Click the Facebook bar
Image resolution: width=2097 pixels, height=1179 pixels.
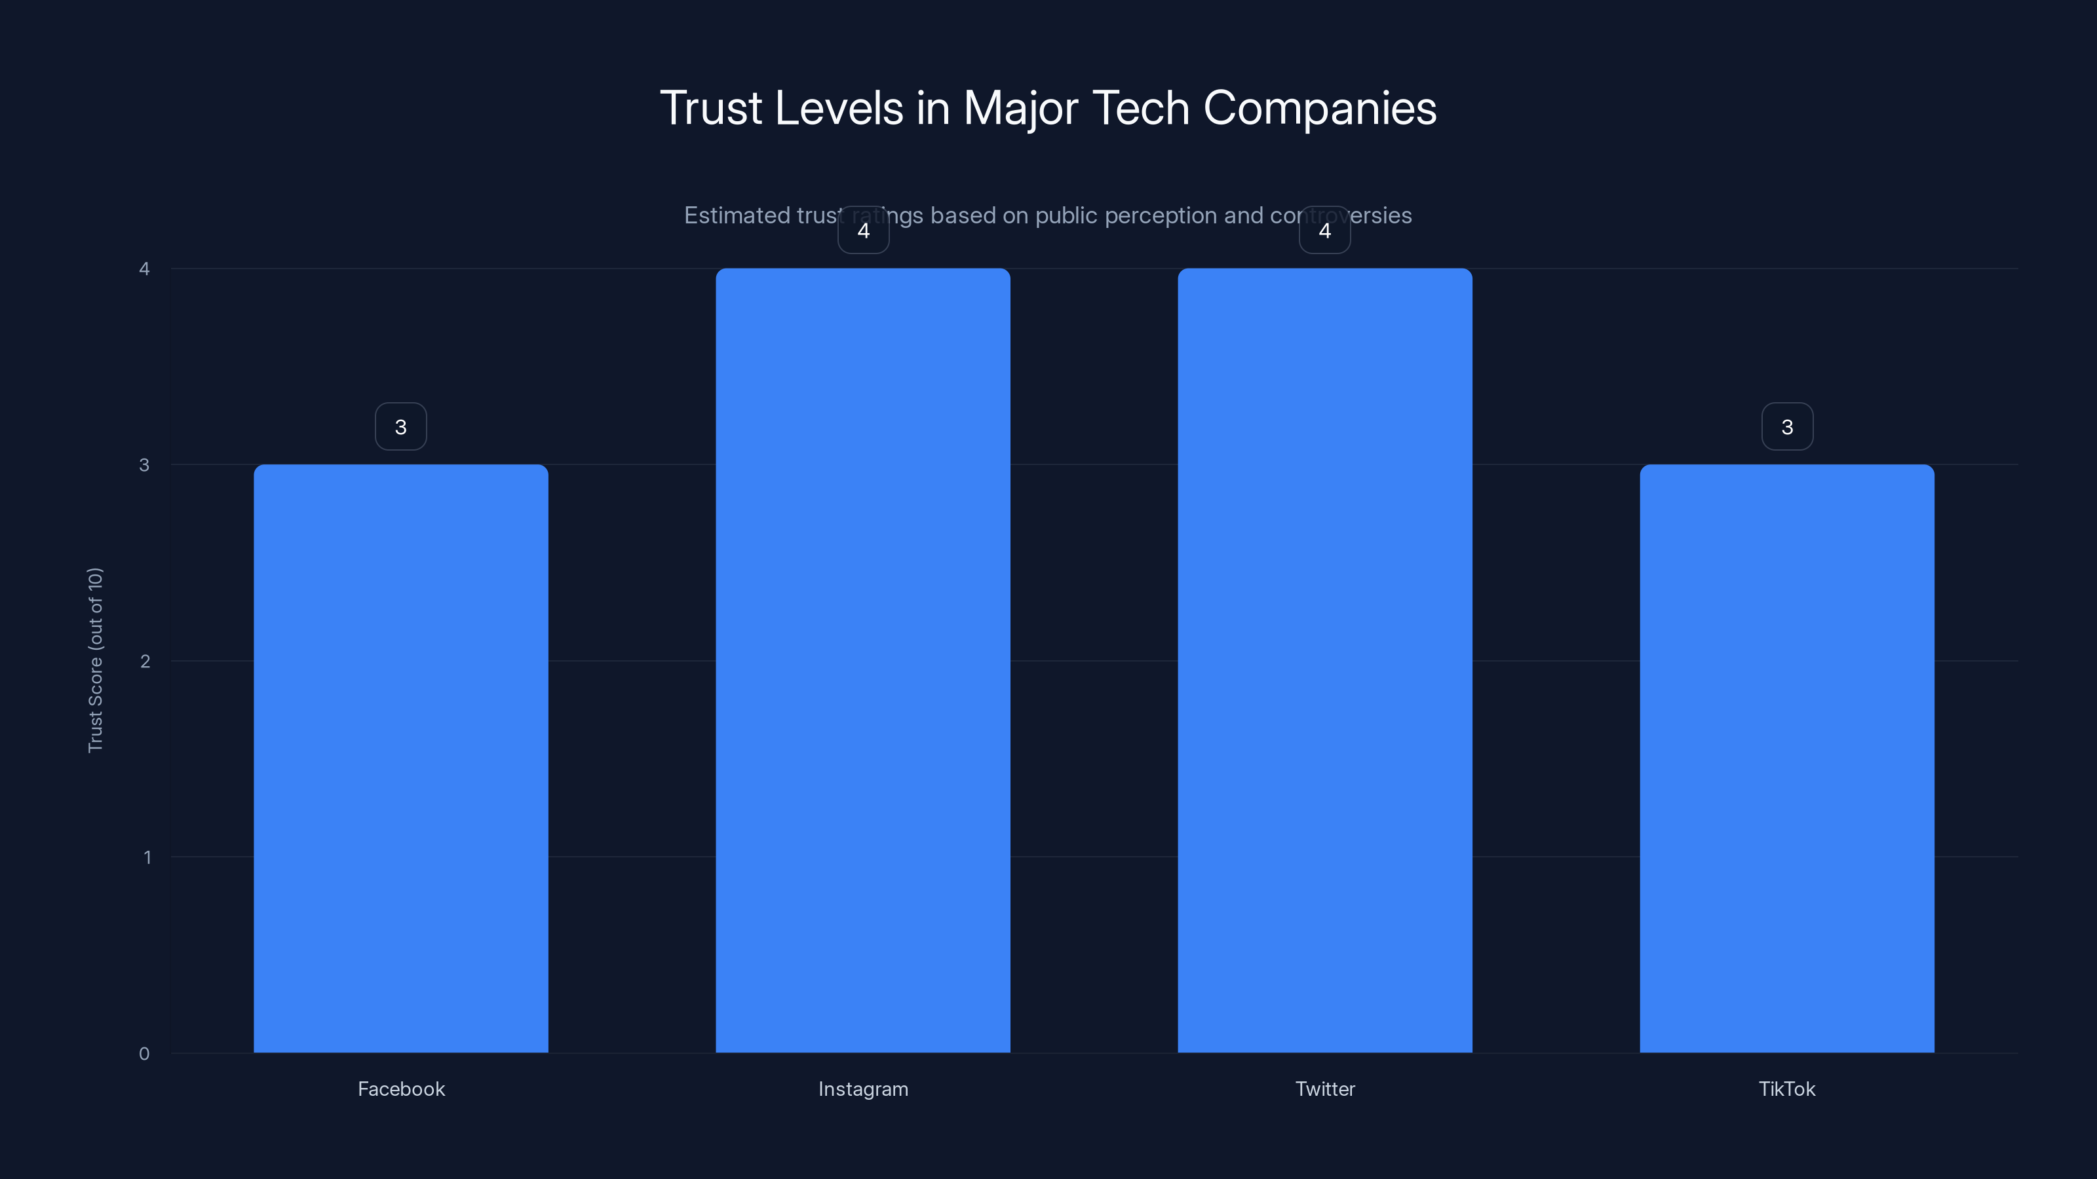[x=400, y=758]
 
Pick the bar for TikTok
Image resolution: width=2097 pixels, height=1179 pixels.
[x=1787, y=758]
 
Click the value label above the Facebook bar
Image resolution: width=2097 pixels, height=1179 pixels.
[x=400, y=426]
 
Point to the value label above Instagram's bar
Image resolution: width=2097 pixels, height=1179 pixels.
[x=863, y=231]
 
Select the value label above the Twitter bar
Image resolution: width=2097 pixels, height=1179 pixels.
[x=1324, y=231]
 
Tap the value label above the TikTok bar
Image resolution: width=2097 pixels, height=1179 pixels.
[x=1787, y=426]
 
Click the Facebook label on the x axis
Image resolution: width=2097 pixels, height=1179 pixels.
[x=401, y=1089]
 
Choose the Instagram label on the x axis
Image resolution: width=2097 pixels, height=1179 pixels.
[x=863, y=1089]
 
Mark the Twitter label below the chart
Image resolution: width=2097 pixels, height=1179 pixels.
[x=1324, y=1089]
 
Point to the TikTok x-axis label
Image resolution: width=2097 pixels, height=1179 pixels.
[x=1787, y=1089]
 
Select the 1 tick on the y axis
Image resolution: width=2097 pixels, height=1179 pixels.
[x=147, y=857]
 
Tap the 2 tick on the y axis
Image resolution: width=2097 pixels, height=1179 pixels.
[x=145, y=661]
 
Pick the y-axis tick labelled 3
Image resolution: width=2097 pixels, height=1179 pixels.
[x=144, y=464]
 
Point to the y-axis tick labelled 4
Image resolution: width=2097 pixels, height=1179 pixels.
[x=144, y=269]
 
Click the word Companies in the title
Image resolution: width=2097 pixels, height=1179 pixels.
[x=1320, y=108]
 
